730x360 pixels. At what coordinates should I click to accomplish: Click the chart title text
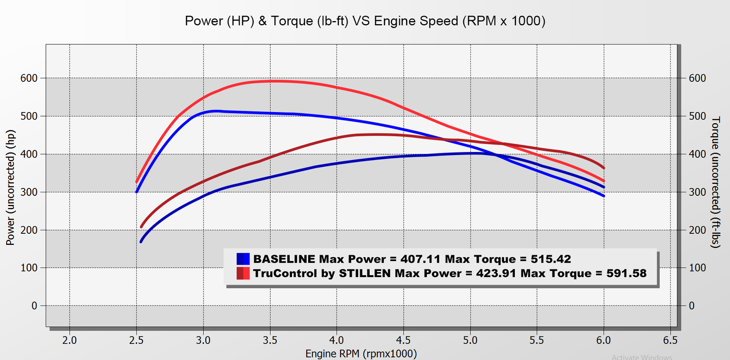click(365, 21)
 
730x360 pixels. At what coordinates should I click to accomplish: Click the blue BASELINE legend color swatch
click(243, 259)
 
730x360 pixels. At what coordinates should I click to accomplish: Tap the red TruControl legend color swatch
click(243, 273)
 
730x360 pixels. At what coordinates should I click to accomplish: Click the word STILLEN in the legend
click(365, 273)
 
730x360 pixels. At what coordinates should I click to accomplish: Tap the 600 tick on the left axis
click(30, 78)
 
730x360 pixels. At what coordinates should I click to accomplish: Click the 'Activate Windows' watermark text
click(642, 356)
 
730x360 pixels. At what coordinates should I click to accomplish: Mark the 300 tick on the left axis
click(30, 192)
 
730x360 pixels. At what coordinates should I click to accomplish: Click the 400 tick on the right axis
click(697, 154)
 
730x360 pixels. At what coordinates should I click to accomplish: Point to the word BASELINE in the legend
click(284, 259)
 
